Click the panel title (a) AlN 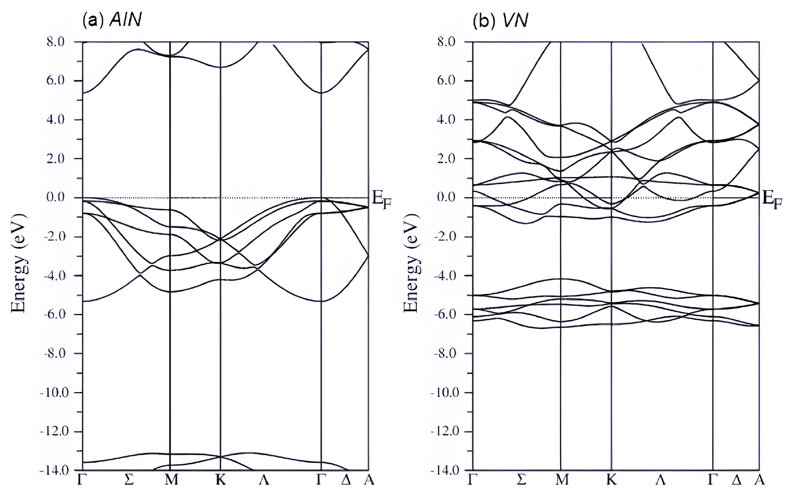coord(112,20)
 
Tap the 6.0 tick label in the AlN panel coord(56,80)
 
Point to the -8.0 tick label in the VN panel coord(445,353)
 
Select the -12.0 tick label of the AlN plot coord(54,431)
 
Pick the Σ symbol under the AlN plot coord(130,480)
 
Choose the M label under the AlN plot coord(171,480)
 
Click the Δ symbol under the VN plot coord(736,480)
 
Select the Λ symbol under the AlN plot coord(264,480)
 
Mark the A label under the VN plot coord(760,480)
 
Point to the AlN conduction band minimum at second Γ coord(321,93)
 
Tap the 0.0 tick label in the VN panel coord(446,197)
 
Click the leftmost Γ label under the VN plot coord(473,480)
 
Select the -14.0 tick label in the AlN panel coord(54,470)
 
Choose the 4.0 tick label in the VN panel coord(446,119)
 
